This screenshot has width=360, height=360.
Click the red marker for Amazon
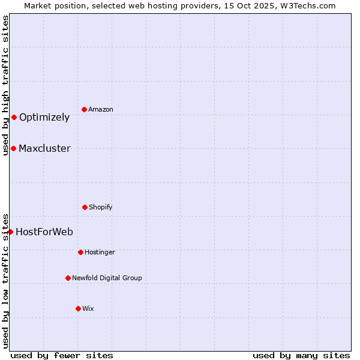(x=84, y=109)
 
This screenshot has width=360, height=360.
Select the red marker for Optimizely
(x=14, y=117)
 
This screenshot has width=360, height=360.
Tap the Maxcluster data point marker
(x=13, y=148)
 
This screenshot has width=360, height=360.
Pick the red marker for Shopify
(x=85, y=207)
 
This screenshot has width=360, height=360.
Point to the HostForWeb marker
(x=10, y=232)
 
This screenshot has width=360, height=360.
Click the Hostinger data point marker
(x=80, y=252)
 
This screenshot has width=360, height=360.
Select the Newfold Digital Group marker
(x=68, y=278)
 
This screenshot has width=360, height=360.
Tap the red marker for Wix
(x=78, y=308)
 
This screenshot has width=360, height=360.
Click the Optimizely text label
(x=44, y=118)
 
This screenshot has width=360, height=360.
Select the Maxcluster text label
(x=44, y=149)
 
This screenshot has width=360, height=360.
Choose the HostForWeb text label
(x=44, y=232)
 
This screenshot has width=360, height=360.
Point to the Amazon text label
(x=101, y=109)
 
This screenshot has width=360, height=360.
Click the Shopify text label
(x=101, y=207)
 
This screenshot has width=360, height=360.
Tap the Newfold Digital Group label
(x=107, y=278)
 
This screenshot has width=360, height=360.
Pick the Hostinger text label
(x=100, y=252)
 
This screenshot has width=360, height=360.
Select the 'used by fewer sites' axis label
(x=62, y=355)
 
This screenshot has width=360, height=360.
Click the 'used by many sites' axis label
(x=301, y=355)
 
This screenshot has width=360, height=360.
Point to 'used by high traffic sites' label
(x=5, y=85)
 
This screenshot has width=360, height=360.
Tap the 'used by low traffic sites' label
(x=5, y=281)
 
